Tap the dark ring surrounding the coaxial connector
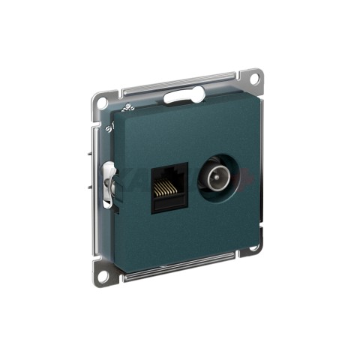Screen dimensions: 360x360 [201, 180]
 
